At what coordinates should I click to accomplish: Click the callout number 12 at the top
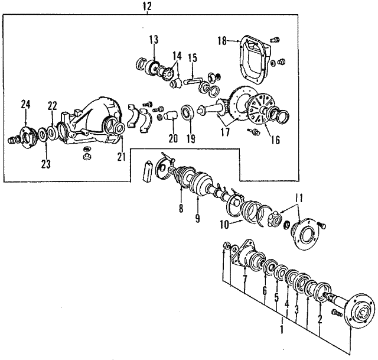pos(147,7)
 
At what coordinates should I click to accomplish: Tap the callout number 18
pos(222,41)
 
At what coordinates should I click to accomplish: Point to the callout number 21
pos(122,157)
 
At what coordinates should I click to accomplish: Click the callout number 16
pos(276,140)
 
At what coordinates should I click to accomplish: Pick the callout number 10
pos(224,225)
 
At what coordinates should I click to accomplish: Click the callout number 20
pos(173,138)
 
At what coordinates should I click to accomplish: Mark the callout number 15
pos(193,58)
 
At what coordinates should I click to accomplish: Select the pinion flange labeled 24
pos(28,137)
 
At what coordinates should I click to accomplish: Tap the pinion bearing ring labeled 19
pos(187,112)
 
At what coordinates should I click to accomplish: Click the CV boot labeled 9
pos(201,182)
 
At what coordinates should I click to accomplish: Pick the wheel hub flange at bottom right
pos(360,312)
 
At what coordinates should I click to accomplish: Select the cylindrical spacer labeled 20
pos(171,115)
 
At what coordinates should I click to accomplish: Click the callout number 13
pos(154,40)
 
